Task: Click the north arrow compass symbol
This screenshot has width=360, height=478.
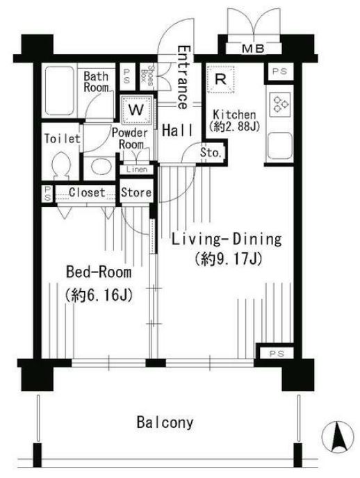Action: tap(338, 436)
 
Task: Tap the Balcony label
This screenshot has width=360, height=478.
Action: tap(165, 423)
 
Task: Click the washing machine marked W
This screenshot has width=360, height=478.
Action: tap(136, 110)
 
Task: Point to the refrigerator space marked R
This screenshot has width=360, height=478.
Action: tap(220, 79)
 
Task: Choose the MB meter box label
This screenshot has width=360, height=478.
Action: tap(253, 49)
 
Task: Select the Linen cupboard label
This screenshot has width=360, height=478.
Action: tap(136, 170)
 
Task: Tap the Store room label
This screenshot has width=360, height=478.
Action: tap(136, 192)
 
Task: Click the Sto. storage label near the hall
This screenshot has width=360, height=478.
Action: tap(211, 153)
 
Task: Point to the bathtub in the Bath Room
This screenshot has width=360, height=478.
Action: tap(60, 90)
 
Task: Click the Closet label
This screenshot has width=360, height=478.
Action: tap(87, 192)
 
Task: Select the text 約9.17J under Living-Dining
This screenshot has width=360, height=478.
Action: tap(229, 259)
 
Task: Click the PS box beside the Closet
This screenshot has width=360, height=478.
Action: tap(47, 194)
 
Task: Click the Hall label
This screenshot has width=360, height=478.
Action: tap(177, 131)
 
